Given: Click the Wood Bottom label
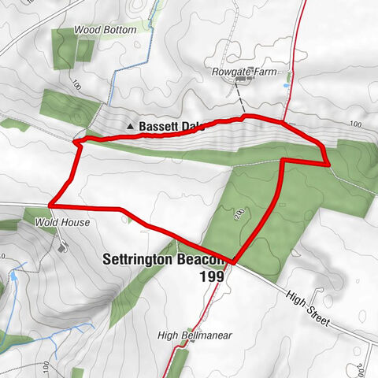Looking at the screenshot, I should point(105,29).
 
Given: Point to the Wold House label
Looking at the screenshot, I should point(62,223).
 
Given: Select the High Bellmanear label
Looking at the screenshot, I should point(190,335).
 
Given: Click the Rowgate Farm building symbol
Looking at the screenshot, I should point(241,80).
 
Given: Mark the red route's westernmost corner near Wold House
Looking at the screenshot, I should point(50,205).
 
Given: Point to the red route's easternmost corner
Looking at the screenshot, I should point(327,164).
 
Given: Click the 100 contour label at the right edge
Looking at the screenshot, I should point(356,124).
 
